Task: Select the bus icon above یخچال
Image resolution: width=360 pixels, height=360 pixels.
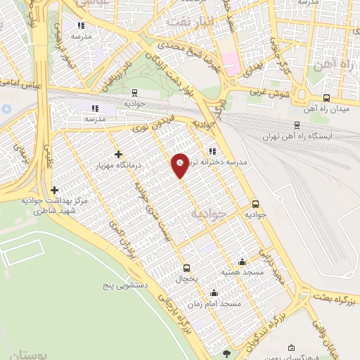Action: (x=186, y=267)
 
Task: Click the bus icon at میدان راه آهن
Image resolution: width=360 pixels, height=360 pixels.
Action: (x=326, y=98)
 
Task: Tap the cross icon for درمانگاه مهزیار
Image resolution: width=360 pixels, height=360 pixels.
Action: (x=118, y=154)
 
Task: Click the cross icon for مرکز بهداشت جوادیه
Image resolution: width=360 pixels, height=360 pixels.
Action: (x=54, y=190)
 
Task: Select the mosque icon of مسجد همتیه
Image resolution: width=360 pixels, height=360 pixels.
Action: (x=243, y=262)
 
